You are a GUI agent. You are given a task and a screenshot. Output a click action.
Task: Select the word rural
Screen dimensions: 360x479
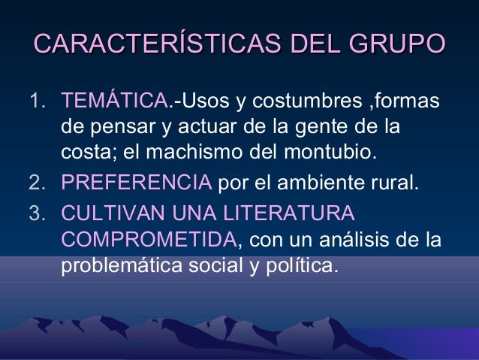[390, 183]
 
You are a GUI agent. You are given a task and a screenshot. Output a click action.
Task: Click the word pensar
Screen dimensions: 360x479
[119, 128]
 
